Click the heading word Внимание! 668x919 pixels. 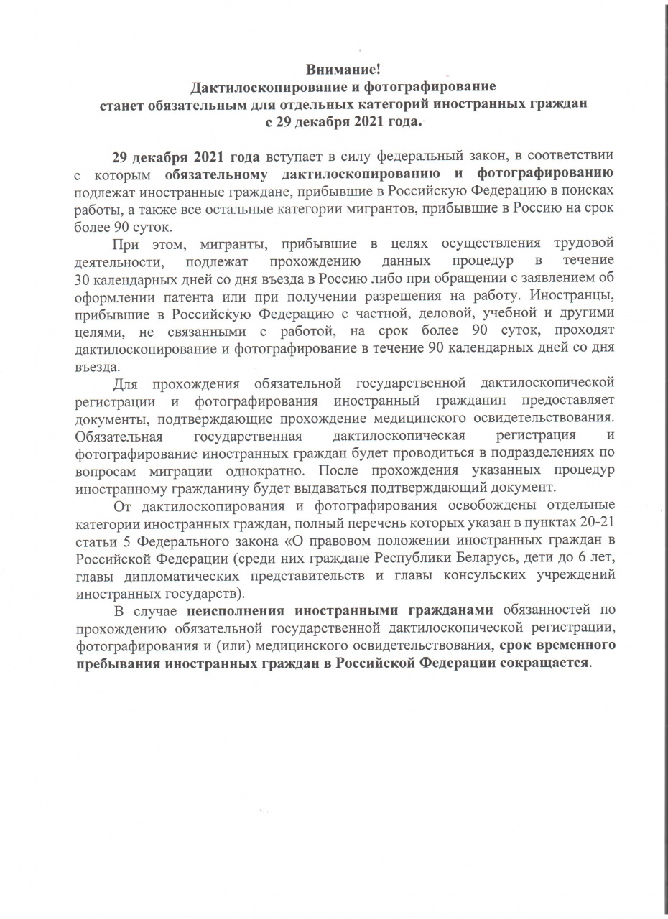[x=343, y=70]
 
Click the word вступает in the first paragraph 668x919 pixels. [x=294, y=156]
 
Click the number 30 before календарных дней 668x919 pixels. [x=82, y=278]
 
